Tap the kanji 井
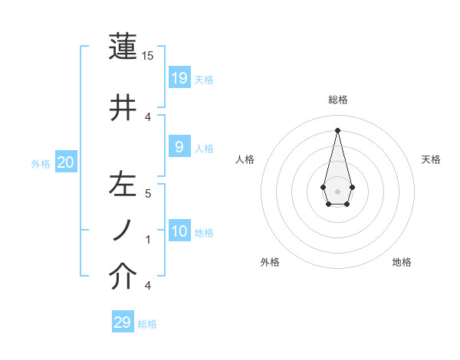coord(123,108)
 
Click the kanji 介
coord(123,277)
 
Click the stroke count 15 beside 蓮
coord(148,57)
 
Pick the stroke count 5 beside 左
coord(149,193)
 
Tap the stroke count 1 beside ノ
coord(149,239)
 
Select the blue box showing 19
coord(179,77)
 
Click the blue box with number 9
coord(179,146)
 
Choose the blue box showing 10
coord(179,231)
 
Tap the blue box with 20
coord(65,162)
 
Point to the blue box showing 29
coord(123,322)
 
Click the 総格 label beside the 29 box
coord(147,324)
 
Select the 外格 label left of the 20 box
coord(41,164)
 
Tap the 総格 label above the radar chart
coord(338,100)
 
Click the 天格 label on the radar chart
coord(431,159)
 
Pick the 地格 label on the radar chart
coord(402,262)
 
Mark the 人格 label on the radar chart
coord(245,159)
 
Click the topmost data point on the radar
coord(337,129)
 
